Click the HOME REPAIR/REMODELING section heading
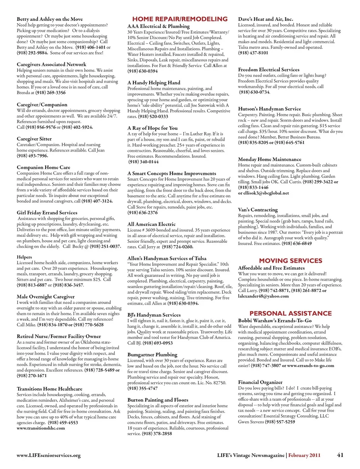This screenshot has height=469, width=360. [x=180, y=19]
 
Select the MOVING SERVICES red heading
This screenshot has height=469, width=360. [x=290, y=261]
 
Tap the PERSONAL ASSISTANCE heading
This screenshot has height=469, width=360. [x=290, y=313]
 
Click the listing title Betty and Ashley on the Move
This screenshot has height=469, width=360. [x=49, y=19]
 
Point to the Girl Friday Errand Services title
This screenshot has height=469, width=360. [x=47, y=213]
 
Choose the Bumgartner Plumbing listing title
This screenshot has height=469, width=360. [x=152, y=355]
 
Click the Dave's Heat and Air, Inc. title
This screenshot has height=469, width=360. [x=265, y=19]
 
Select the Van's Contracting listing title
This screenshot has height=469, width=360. [x=258, y=210]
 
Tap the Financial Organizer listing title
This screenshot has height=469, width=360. [x=260, y=382]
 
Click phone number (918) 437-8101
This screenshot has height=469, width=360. [x=253, y=53]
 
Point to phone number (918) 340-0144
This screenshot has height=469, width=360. [x=143, y=162]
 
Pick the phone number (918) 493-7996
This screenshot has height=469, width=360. [x=32, y=156]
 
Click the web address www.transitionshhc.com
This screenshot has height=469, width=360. [x=40, y=428]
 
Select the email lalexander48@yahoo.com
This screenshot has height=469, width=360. [x=263, y=296]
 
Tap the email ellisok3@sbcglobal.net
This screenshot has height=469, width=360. [x=263, y=193]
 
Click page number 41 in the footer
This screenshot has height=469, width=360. [x=340, y=455]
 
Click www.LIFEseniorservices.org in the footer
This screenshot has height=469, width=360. [x=48, y=455]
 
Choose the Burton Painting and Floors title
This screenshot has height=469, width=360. [x=157, y=400]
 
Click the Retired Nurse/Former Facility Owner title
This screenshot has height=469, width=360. [x=58, y=337]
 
